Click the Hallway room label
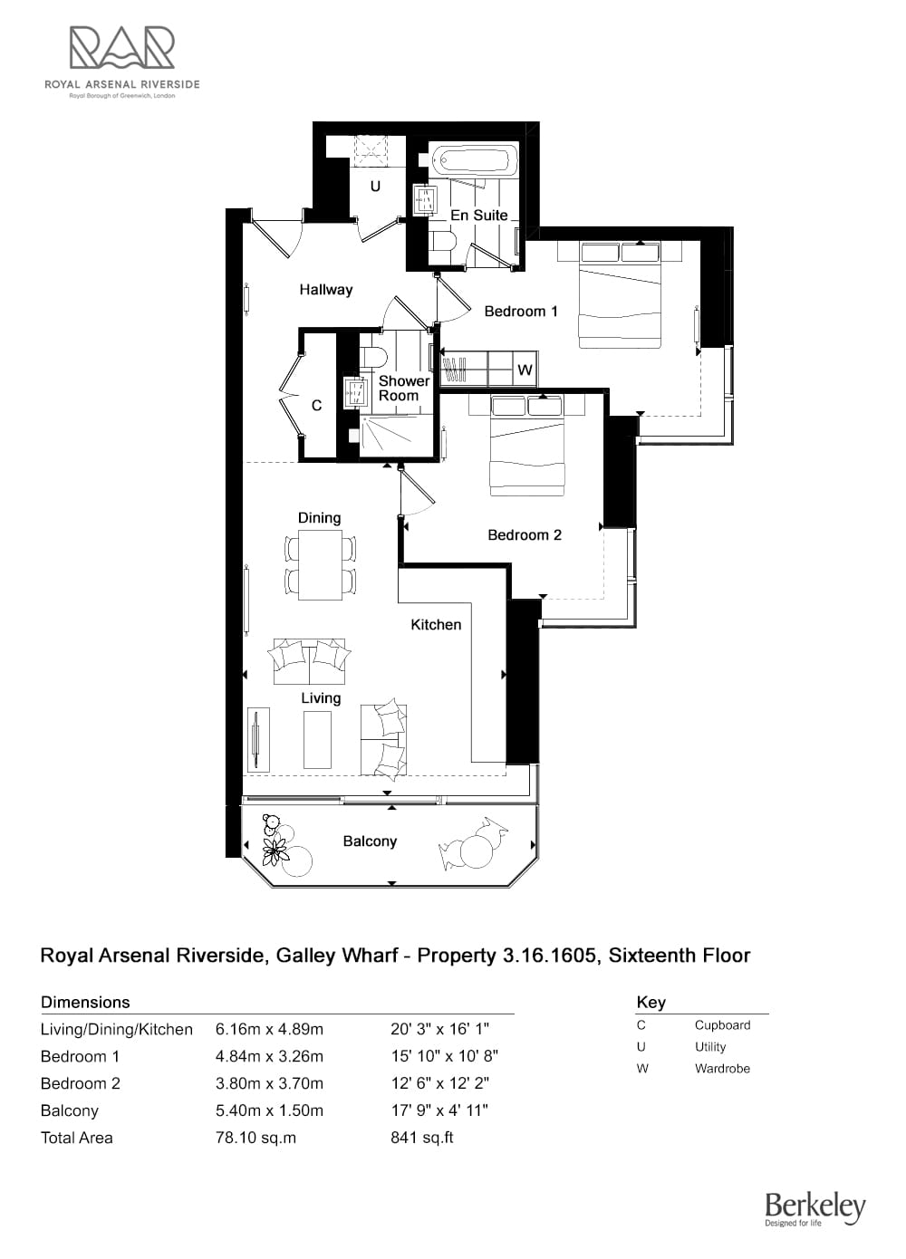[x=326, y=290]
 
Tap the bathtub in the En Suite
[x=473, y=161]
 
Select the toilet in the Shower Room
[x=372, y=357]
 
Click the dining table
[x=320, y=565]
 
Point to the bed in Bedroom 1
[x=620, y=294]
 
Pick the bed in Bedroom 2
[x=526, y=445]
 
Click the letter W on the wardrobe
[x=525, y=370]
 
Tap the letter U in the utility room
[x=375, y=186]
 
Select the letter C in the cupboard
[x=316, y=405]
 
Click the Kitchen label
[x=436, y=624]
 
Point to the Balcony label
[x=370, y=841]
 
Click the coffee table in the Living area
[x=317, y=739]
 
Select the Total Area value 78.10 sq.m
[x=255, y=1138]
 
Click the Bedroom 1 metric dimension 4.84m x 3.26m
[x=269, y=1056]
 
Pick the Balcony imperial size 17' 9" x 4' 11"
[x=439, y=1110]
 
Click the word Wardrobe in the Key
[x=722, y=1069]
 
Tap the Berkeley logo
[x=815, y=1209]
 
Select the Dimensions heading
[x=85, y=1002]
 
